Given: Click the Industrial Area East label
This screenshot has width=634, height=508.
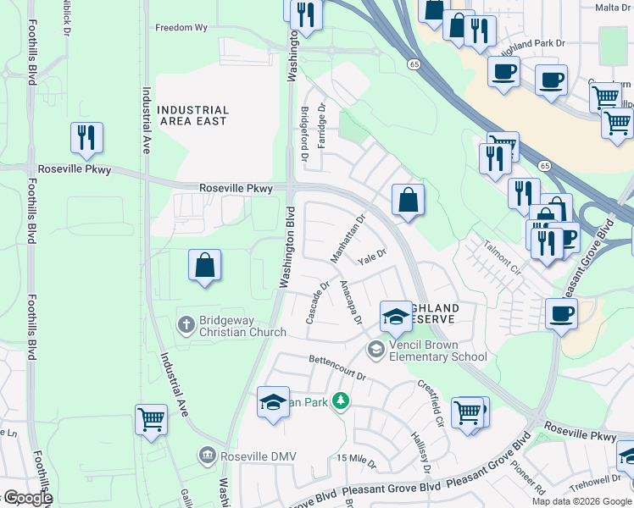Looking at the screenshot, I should pyautogui.click(x=193, y=116).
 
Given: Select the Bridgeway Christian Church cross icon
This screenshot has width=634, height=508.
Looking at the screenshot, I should pyautogui.click(x=186, y=323).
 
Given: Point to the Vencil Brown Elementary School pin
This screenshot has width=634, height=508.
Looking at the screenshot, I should pyautogui.click(x=375, y=348).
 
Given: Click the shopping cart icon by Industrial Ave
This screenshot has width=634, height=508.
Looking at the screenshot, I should pyautogui.click(x=151, y=419).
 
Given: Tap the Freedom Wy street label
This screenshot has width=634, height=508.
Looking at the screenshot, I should pyautogui.click(x=181, y=28).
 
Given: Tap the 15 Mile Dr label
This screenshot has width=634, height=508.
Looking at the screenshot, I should pyautogui.click(x=356, y=458).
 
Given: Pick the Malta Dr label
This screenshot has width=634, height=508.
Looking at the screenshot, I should pyautogui.click(x=614, y=8).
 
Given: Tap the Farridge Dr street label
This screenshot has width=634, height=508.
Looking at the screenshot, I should pyautogui.click(x=322, y=126).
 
